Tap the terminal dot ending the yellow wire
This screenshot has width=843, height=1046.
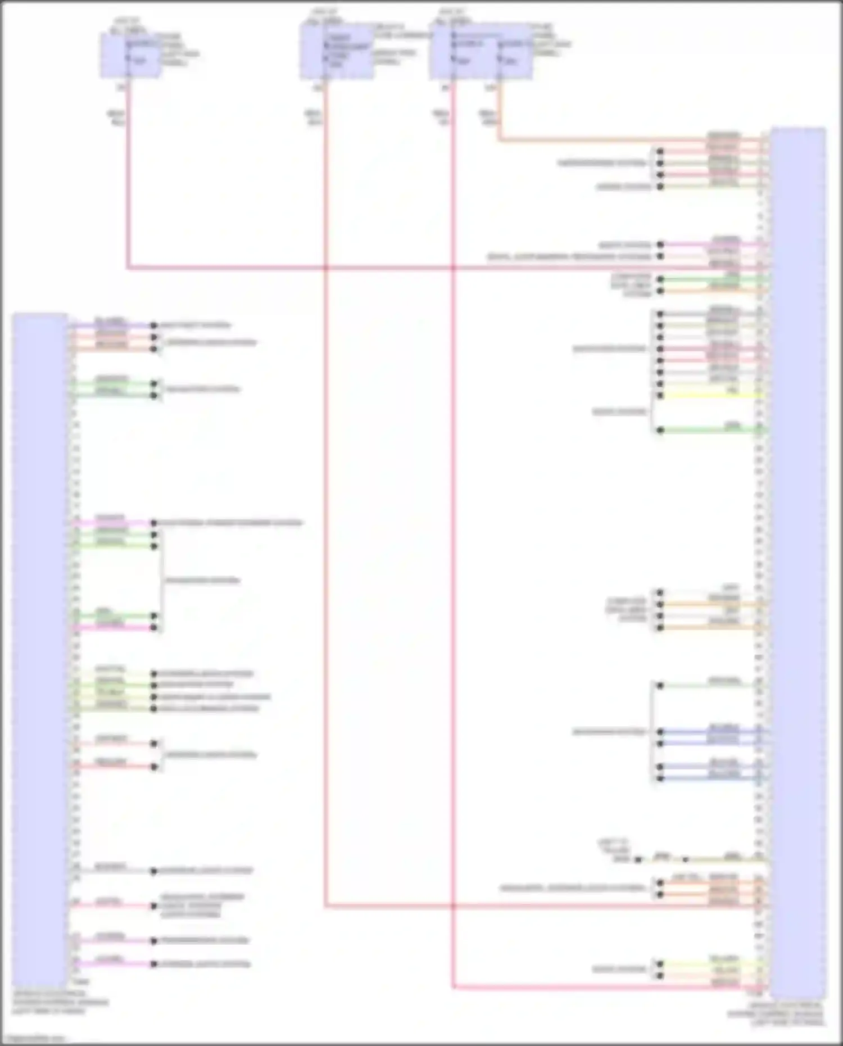click(660, 396)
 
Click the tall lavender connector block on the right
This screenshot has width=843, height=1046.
click(797, 562)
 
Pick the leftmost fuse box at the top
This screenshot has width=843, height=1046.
click(130, 55)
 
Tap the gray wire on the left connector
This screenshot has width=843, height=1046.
click(112, 871)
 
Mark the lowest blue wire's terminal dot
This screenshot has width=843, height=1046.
click(660, 778)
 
